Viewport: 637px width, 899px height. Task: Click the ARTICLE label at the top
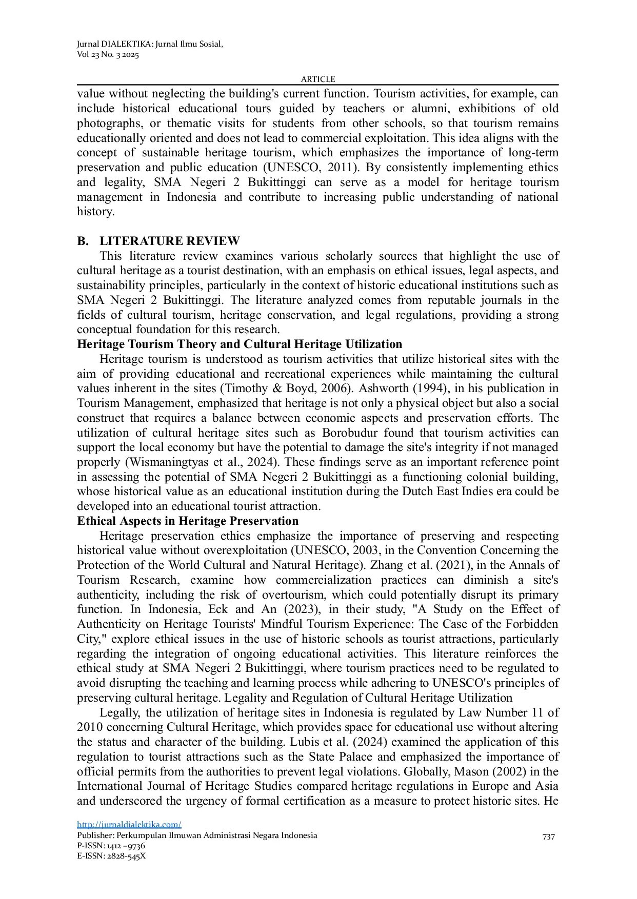pos(318,79)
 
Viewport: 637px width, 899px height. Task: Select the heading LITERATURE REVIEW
pos(169,241)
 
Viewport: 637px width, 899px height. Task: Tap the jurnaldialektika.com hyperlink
pos(129,824)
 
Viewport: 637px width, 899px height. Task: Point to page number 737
pos(548,836)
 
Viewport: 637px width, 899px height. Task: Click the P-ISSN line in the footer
pos(111,845)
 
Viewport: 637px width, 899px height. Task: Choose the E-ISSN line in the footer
pos(111,855)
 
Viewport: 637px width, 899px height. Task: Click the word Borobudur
pos(350,433)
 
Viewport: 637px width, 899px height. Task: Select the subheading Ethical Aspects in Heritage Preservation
pos(188,521)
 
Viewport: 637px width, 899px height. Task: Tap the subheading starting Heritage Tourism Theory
pos(240,344)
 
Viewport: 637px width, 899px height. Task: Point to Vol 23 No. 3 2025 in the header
pos(108,55)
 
